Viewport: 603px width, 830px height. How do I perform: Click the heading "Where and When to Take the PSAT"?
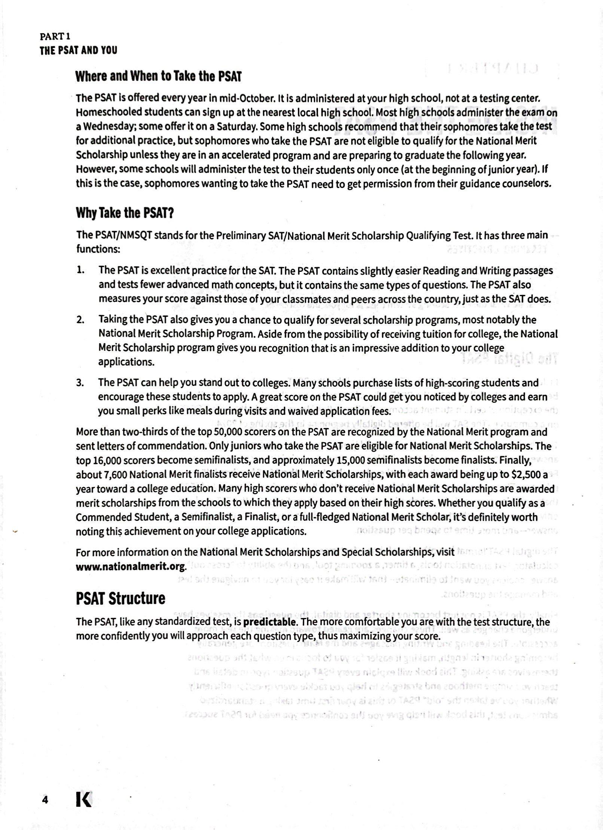158,76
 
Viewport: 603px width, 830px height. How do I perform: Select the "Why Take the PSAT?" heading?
125,213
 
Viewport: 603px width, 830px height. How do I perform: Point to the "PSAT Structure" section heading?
120,599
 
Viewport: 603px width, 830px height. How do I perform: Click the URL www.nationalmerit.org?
131,567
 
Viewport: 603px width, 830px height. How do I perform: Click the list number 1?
80,270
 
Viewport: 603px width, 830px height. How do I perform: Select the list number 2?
80,320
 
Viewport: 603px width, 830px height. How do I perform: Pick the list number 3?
80,383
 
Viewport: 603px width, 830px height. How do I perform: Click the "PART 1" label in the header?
55,37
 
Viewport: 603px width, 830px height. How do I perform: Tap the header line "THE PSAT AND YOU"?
78,50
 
